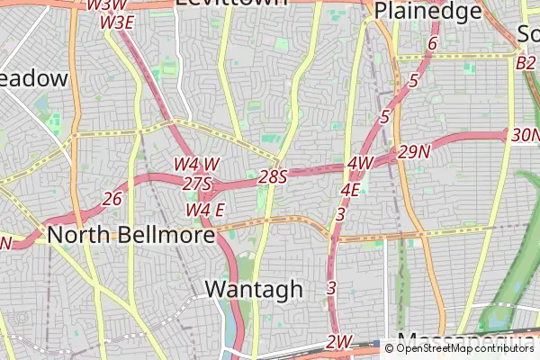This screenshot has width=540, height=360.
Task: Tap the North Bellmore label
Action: coord(131,235)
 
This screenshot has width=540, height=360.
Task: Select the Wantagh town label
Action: coord(254,289)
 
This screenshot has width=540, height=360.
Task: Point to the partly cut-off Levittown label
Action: coord(231,3)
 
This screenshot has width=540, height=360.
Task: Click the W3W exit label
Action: coord(106,5)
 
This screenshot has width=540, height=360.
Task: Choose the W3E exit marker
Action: coord(117,22)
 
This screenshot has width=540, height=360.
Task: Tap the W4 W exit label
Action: coord(196,165)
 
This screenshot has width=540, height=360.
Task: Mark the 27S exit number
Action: coord(196,184)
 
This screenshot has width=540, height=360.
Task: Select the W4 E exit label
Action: coord(205,210)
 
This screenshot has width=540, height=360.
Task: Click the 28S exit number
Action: coord(272,176)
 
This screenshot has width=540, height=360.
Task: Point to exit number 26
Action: coord(112,198)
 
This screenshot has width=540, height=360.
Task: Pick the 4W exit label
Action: coord(359,163)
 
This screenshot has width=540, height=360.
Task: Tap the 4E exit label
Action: coord(350,190)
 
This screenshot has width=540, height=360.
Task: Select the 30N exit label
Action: coord(524,135)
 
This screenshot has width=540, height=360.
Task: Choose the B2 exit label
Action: coord(526,63)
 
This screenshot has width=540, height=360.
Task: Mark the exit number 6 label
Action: coord(432,44)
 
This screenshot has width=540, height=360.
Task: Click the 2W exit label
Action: coord(338,342)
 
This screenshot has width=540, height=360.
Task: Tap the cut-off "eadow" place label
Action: coord(33,78)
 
